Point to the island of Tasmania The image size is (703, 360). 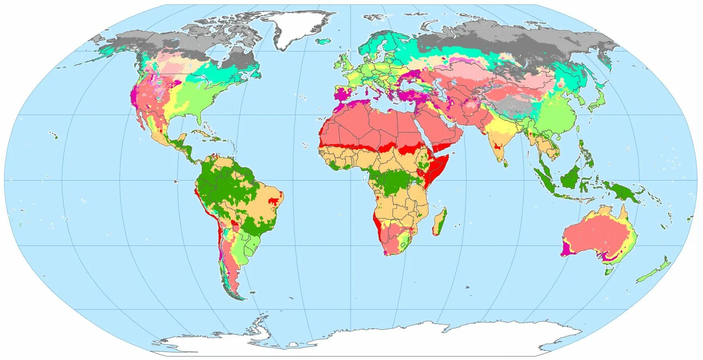(609, 272)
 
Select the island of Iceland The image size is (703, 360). (325, 40)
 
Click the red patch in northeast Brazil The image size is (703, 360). (274, 200)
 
